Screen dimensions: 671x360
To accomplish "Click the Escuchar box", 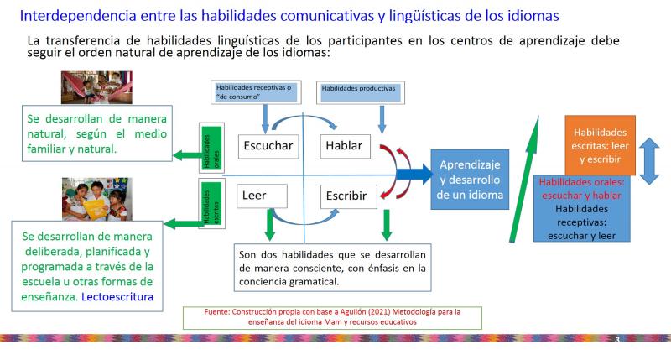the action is click(268, 146).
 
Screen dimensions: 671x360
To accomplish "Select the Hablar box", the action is click(345, 146).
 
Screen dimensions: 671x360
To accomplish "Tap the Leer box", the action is click(262, 196).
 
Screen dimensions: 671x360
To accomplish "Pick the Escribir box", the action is click(348, 196).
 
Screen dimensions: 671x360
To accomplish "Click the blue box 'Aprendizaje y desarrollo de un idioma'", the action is click(470, 180).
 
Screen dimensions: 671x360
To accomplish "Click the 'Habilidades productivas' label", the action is click(361, 92).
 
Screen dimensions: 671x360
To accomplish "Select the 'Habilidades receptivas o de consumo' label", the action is click(256, 92).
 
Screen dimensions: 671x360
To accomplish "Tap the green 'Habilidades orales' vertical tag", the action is click(212, 148).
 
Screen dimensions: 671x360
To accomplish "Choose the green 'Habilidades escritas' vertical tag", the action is click(212, 203).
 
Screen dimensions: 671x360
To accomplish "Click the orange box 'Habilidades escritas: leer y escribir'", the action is click(600, 145).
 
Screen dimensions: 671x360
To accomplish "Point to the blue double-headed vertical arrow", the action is click(649, 161).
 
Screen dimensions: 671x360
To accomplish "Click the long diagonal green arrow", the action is click(524, 179).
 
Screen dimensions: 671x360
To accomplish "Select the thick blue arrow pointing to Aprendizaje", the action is click(414, 175).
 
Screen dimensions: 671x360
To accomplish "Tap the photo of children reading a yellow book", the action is click(97, 199).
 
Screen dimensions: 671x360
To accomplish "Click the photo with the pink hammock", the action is click(96, 87).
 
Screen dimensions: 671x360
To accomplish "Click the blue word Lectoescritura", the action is click(117, 297).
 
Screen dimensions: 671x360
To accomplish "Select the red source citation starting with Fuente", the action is click(332, 317).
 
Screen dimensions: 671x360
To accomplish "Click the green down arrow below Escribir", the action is click(387, 225).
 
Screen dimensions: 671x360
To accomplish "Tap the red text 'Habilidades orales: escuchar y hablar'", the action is click(581, 189).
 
